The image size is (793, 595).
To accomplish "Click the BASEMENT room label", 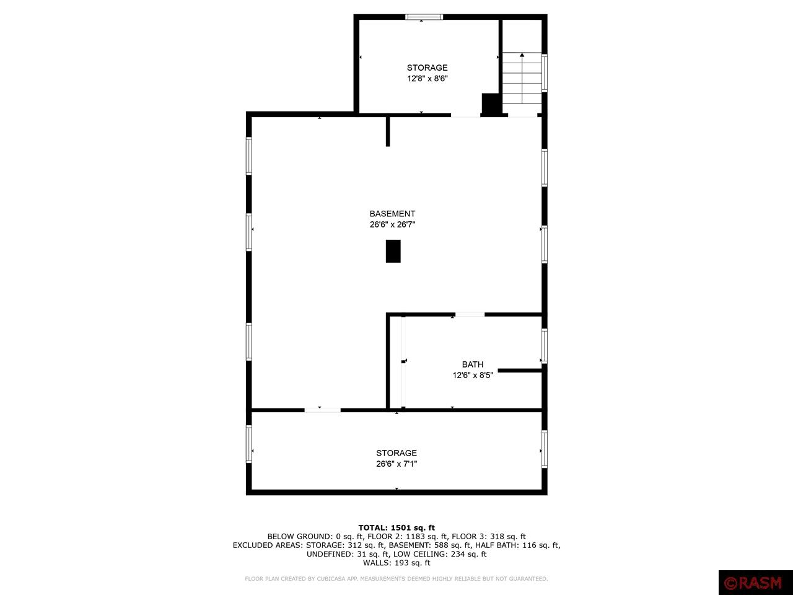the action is click(392, 213).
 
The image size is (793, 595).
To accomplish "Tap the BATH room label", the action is click(473, 364).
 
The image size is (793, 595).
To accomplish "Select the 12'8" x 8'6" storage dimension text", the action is click(427, 78).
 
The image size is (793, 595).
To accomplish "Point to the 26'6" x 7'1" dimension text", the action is click(396, 464).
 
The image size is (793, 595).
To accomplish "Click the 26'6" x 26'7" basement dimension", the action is click(392, 224).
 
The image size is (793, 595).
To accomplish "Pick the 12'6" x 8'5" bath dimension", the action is click(473, 376).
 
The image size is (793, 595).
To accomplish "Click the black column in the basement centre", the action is click(393, 251).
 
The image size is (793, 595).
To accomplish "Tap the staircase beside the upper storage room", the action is click(522, 78).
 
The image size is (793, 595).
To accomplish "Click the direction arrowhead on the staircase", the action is click(522, 55).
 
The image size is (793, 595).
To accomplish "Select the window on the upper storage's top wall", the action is click(424, 17).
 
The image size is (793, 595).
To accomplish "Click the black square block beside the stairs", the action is click(491, 104).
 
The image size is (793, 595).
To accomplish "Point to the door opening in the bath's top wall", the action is click(470, 315).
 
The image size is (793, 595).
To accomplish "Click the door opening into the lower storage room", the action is click(322, 410).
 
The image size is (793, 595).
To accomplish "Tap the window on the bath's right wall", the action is click(545, 346).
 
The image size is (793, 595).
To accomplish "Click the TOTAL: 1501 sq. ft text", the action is click(396, 528).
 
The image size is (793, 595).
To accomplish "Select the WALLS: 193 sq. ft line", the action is click(396, 563).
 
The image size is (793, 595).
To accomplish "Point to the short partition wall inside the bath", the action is click(520, 370).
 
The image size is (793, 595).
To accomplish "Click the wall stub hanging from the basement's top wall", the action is click(388, 131).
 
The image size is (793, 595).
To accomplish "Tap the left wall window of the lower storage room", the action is click(249, 444).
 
